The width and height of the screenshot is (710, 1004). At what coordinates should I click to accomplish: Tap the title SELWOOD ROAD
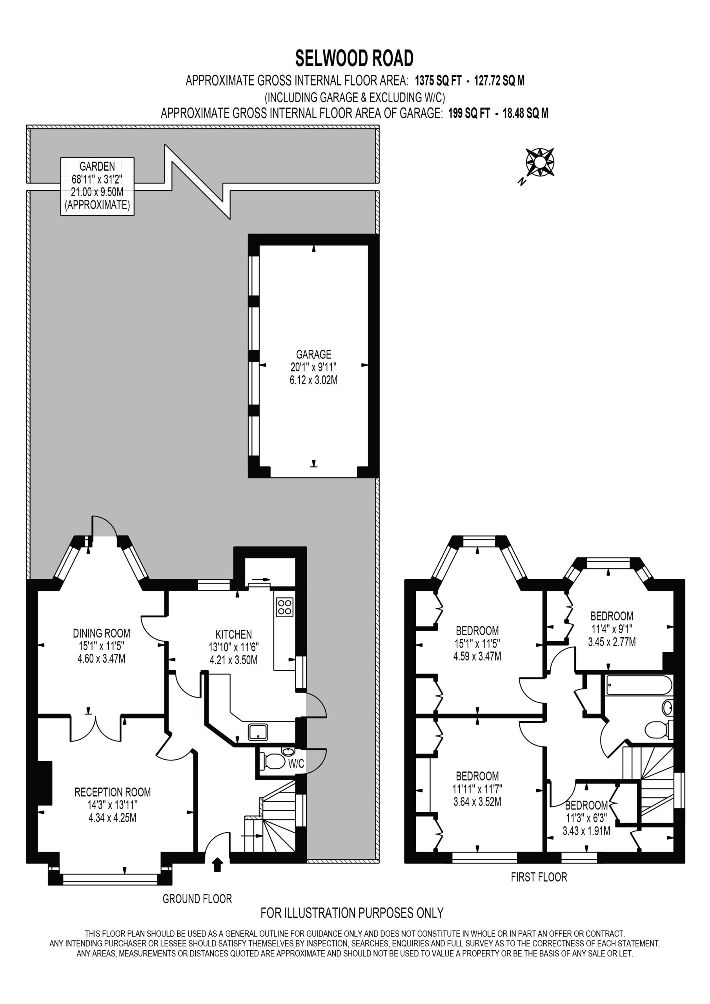(x=354, y=58)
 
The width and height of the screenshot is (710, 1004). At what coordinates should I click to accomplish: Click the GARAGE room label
(x=314, y=354)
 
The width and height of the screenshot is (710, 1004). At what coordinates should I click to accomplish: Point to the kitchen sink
(x=258, y=732)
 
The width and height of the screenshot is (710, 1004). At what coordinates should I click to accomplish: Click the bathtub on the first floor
(x=639, y=686)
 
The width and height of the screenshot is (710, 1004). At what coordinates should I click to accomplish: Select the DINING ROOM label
(x=102, y=633)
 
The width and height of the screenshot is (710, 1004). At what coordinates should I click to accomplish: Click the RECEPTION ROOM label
(x=113, y=792)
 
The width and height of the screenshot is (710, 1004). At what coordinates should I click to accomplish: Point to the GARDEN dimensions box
(x=97, y=186)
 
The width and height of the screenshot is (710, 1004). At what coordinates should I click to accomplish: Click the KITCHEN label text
(x=234, y=634)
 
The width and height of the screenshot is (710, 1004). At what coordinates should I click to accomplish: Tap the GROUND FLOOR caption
(x=197, y=899)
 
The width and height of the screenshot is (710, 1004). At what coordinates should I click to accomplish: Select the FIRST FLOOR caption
(x=539, y=877)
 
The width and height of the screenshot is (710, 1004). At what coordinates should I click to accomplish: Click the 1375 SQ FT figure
(x=438, y=80)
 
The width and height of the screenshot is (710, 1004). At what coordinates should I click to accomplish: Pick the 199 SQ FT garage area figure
(x=469, y=113)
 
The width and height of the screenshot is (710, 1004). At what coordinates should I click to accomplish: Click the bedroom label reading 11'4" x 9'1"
(x=612, y=629)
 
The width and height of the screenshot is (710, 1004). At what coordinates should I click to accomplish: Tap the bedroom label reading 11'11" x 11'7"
(x=477, y=789)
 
